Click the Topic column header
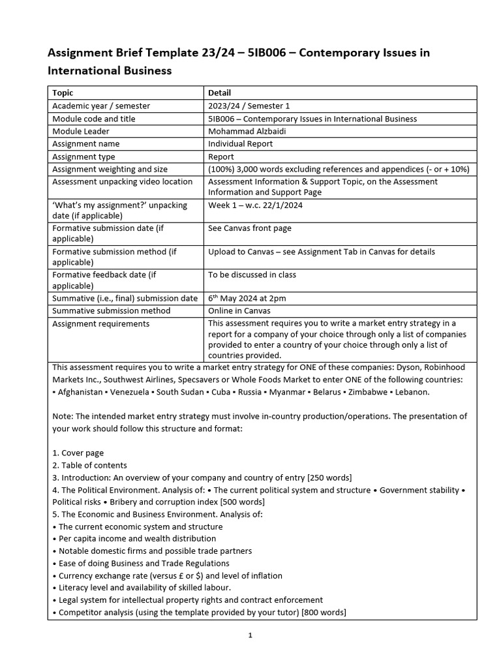pyautogui.click(x=63, y=93)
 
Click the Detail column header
pyautogui.click(x=219, y=93)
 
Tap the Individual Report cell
pyautogui.click(x=240, y=144)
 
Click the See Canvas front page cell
pyautogui.click(x=250, y=228)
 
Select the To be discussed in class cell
pyautogui.click(x=252, y=275)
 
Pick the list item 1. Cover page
pyautogui.click(x=78, y=453)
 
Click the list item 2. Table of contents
pyautogui.click(x=89, y=465)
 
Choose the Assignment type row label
pyautogui.click(x=83, y=157)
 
